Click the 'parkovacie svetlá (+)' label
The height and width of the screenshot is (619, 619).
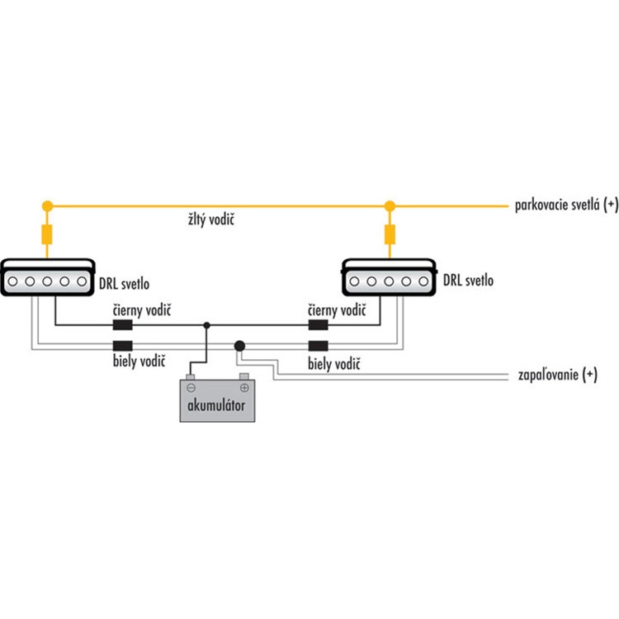click(x=565, y=204)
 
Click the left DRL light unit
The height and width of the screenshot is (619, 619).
click(x=46, y=277)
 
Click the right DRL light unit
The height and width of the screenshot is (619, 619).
click(x=388, y=277)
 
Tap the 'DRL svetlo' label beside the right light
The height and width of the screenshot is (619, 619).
click(x=468, y=281)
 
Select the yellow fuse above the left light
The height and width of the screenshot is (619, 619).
click(x=46, y=237)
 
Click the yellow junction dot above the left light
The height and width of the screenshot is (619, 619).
click(x=46, y=205)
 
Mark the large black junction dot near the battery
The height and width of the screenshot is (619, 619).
click(x=239, y=346)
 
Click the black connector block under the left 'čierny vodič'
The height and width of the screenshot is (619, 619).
click(x=124, y=325)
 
